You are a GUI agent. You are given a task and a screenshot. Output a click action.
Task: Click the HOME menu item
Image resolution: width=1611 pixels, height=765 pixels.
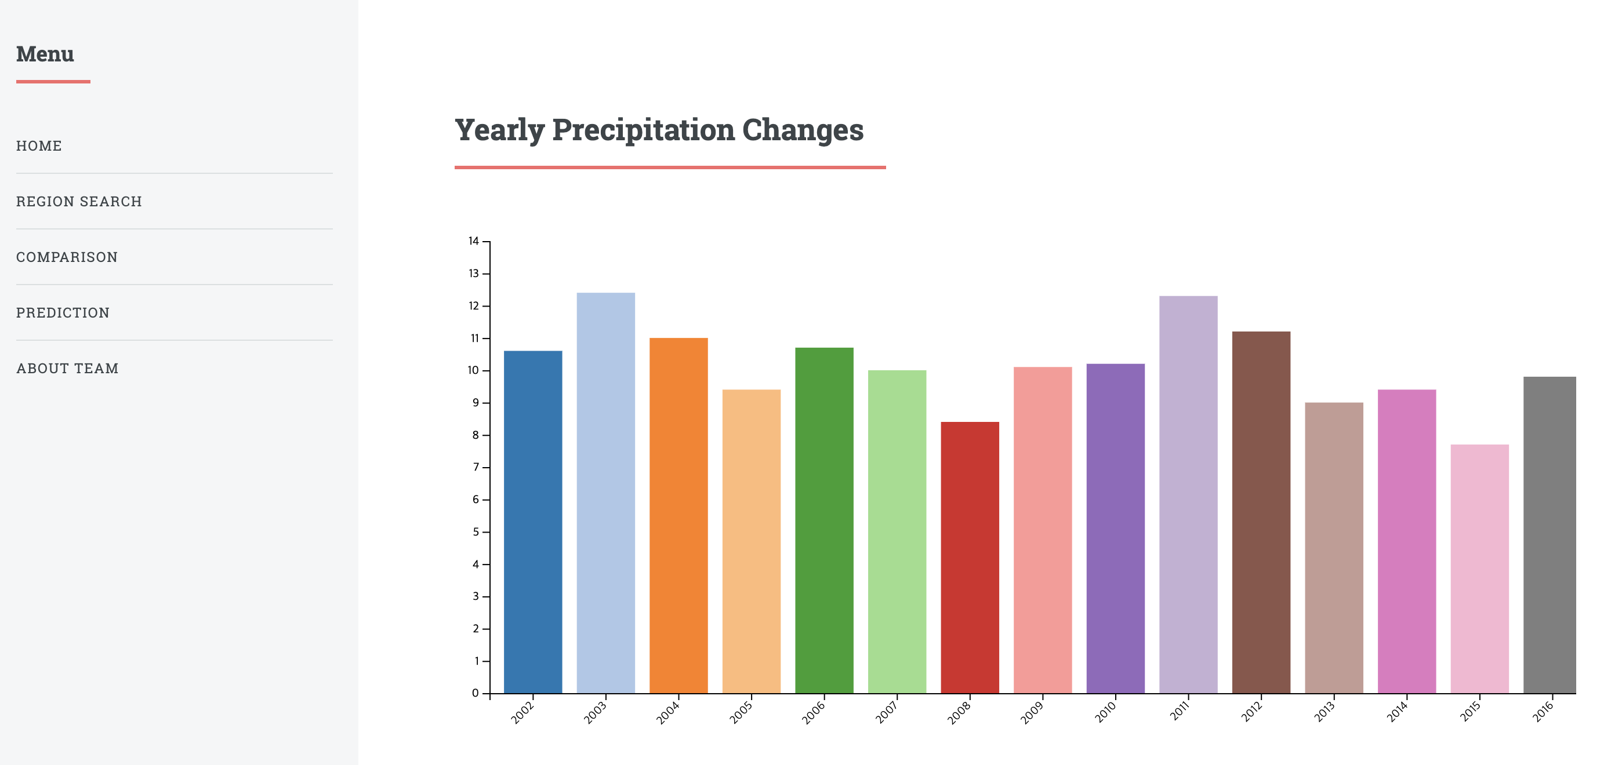pos(39,145)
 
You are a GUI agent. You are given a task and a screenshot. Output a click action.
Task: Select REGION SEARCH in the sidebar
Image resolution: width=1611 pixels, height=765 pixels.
pos(79,201)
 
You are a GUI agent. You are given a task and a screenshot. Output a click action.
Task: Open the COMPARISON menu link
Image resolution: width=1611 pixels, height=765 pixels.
pos(67,257)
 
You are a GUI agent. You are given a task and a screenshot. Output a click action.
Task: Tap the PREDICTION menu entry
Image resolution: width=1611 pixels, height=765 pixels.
pos(63,312)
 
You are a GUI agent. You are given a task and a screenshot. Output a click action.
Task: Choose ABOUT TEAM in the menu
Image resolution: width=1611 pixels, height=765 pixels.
pos(67,368)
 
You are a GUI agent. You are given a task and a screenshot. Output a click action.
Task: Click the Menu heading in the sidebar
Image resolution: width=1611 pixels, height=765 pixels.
pos(45,54)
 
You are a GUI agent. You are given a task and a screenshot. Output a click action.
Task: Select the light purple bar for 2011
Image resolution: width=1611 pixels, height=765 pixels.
pos(1188,494)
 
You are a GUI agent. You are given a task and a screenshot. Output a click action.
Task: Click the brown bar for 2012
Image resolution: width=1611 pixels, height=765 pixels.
pos(1261,512)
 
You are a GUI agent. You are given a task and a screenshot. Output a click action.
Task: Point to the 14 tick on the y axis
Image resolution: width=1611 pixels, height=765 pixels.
pos(474,241)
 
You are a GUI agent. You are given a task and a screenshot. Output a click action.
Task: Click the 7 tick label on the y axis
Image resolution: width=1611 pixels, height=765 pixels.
pos(476,468)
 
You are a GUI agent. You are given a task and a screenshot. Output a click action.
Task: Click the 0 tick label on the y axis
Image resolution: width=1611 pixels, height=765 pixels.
pos(476,693)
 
